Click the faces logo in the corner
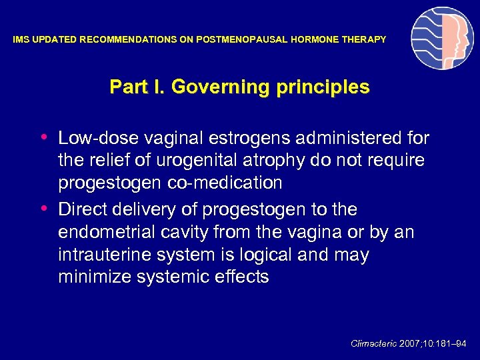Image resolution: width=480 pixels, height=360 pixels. [442, 39]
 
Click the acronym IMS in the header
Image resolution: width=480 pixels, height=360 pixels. [21, 40]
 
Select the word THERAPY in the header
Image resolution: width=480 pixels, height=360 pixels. [366, 40]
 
